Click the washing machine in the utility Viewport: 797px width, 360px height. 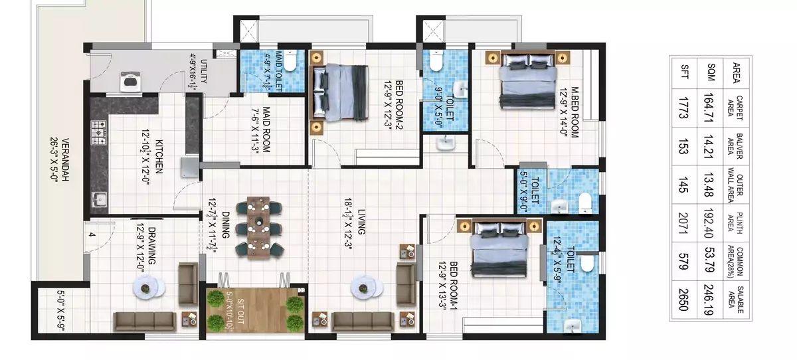click(x=130, y=82)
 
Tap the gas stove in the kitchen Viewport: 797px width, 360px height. click(x=98, y=133)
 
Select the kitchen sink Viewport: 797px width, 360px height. click(x=100, y=199)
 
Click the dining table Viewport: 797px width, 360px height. click(x=258, y=227)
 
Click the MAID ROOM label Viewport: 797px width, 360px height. click(x=266, y=130)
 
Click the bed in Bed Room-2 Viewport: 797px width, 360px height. click(x=339, y=93)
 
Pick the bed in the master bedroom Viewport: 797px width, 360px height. click(x=528, y=81)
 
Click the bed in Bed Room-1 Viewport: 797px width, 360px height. click(x=499, y=248)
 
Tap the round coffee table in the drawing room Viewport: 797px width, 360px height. click(x=149, y=288)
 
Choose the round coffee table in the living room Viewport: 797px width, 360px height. click(x=367, y=288)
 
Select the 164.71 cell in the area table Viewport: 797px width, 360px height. click(x=709, y=108)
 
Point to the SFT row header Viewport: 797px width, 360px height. click(x=684, y=72)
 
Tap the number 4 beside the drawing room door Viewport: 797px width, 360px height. click(x=92, y=234)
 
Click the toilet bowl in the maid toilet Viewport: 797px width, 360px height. click(x=290, y=61)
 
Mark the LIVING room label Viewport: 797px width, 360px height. click(x=361, y=222)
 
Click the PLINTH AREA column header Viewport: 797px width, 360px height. click(x=735, y=223)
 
